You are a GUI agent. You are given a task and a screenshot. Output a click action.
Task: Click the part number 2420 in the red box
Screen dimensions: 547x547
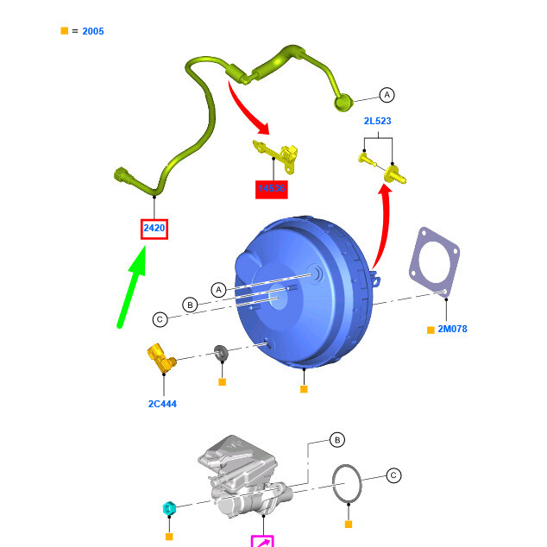pos(154,229)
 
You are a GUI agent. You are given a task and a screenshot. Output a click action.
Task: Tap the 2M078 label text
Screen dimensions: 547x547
pos(452,329)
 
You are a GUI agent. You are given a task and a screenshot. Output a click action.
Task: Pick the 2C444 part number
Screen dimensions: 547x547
pos(162,403)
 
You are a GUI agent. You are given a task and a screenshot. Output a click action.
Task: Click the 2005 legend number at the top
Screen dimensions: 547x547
pos(93,31)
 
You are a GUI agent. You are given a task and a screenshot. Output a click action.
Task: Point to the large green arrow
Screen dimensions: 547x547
pos(131,286)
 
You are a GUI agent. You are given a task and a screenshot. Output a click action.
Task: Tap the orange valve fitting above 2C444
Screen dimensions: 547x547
pos(160,357)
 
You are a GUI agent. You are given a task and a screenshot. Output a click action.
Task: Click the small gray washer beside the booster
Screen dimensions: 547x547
pos(221,352)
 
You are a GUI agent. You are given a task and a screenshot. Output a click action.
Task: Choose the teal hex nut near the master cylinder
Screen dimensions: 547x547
pos(169,509)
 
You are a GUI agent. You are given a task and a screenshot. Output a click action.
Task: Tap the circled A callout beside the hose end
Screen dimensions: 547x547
pos(387,95)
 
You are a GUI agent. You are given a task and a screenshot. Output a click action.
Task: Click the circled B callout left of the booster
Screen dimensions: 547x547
pos(190,305)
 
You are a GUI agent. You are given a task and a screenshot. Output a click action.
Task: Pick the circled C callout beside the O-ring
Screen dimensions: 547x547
pos(393,475)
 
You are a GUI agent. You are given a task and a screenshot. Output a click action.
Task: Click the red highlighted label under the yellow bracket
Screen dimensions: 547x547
pos(271,188)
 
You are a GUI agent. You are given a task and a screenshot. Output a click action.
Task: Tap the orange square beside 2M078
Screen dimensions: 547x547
pos(431,330)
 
